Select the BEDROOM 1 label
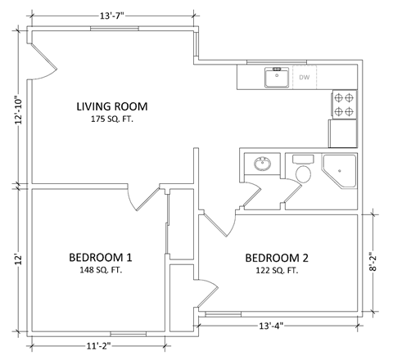tap(100, 258)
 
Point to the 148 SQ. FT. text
tap(100, 272)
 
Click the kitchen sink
tap(276, 78)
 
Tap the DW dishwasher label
tap(304, 78)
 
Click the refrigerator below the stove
tap(343, 133)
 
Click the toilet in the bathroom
tap(303, 170)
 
